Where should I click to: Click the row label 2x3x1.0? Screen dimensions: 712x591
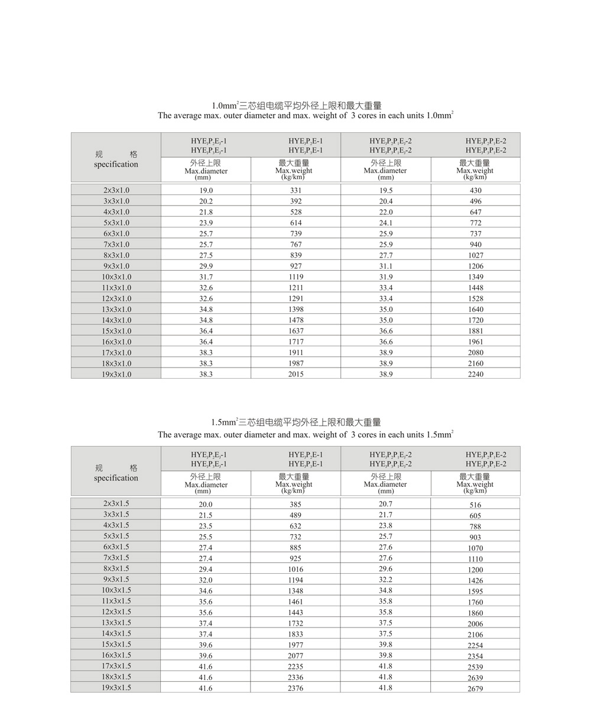pos(116,190)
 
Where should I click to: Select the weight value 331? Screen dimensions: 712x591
pos(295,190)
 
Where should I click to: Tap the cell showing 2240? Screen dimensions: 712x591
pos(475,374)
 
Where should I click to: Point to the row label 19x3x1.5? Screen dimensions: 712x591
pos(116,688)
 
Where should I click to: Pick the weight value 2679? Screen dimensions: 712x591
pos(475,688)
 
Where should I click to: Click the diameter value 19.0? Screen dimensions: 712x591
pos(206,190)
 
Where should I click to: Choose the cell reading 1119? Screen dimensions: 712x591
pos(295,277)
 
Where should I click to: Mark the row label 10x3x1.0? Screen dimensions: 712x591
pos(116,277)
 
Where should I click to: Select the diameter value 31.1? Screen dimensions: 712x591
pos(385,266)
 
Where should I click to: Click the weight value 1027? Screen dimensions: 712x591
pos(475,255)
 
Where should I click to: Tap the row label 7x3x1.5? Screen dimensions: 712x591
pos(116,558)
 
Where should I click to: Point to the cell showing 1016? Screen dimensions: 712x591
pos(295,569)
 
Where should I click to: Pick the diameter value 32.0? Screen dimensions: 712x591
pos(206,580)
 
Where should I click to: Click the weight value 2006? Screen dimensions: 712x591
pos(475,624)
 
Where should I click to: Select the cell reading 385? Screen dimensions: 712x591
pos(295,505)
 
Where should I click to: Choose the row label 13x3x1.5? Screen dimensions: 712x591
pos(116,623)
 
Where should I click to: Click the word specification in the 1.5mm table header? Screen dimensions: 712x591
pos(116,478)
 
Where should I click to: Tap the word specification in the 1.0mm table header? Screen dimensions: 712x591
pos(116,164)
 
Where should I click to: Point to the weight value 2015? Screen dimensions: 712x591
pos(295,374)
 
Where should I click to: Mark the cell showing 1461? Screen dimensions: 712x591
pos(295,602)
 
